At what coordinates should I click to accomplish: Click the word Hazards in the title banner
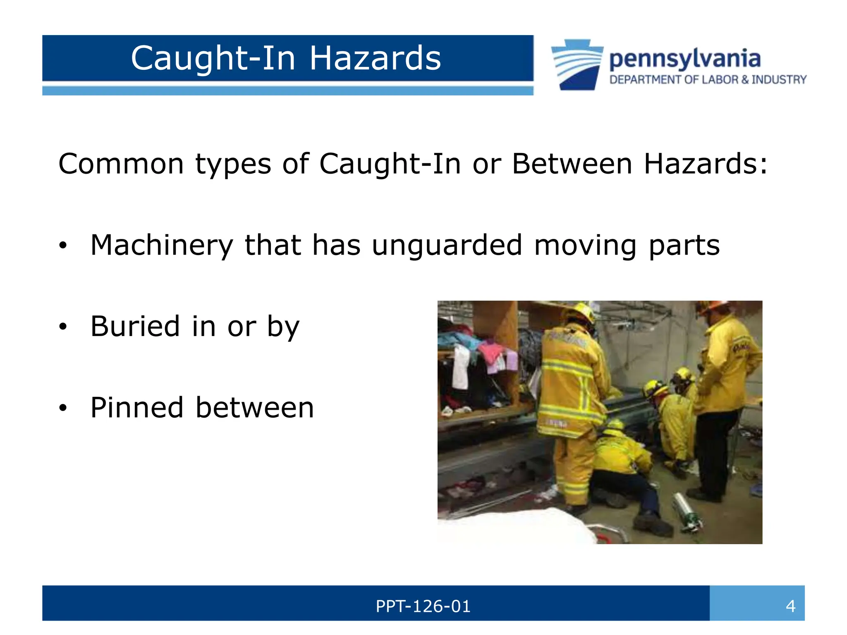375,59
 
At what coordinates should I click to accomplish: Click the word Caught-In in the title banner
213,59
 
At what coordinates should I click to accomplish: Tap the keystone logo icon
577,64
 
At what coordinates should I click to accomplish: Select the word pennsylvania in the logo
684,59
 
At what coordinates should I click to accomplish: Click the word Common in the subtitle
121,164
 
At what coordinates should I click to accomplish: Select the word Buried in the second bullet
135,327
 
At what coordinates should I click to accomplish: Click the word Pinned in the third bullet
136,408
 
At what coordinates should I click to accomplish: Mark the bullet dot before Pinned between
62,408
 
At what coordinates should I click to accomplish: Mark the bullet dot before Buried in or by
62,327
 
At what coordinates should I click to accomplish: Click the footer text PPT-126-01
423,606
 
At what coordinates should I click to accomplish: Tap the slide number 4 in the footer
790,606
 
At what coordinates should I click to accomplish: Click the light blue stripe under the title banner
287,91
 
